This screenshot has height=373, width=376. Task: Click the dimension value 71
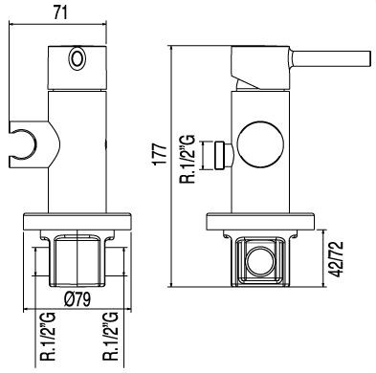(x=60, y=12)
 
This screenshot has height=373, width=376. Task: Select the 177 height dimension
(x=160, y=154)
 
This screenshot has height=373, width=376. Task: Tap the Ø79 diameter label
(x=77, y=299)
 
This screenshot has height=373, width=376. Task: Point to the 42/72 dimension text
(x=337, y=259)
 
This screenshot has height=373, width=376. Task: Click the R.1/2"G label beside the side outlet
(x=188, y=159)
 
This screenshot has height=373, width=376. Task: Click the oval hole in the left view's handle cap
(x=77, y=59)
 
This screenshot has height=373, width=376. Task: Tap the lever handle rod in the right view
(x=329, y=58)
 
